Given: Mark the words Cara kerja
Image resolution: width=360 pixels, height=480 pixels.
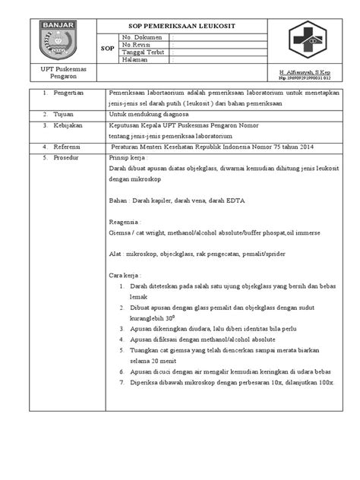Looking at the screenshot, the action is [x=126, y=271].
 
